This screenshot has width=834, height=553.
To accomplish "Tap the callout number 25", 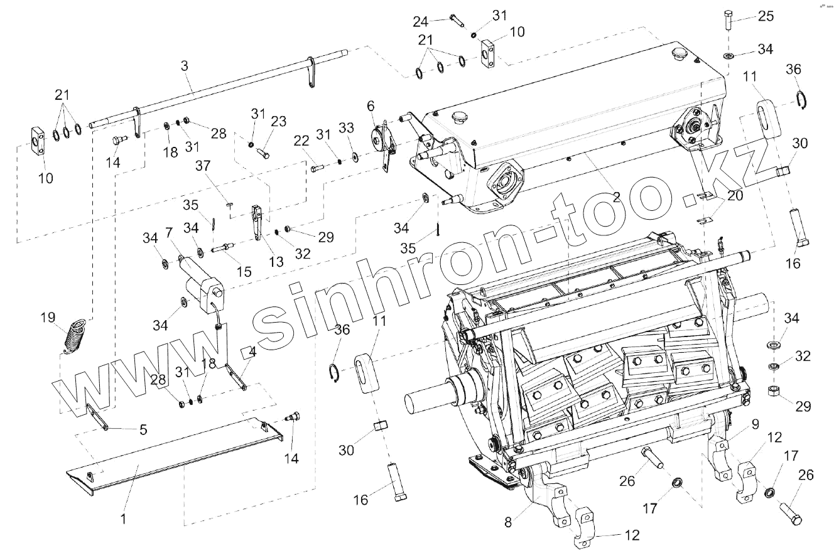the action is click(x=766, y=16).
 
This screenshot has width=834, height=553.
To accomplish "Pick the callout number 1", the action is click(x=124, y=519).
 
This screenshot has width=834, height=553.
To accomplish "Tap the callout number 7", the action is click(x=168, y=233).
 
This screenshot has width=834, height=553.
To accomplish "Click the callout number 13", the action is click(x=276, y=262).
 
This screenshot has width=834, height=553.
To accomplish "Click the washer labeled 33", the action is click(x=356, y=155).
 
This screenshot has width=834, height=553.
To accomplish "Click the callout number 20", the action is click(x=735, y=196).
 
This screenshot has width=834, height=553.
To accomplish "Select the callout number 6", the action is click(x=371, y=106).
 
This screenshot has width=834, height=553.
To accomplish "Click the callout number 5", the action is click(x=143, y=429).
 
